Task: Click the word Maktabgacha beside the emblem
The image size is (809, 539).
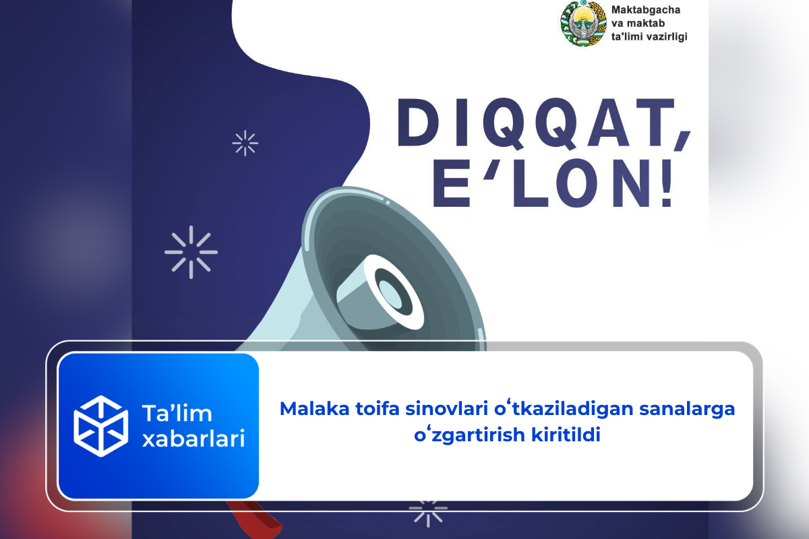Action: point(646,11)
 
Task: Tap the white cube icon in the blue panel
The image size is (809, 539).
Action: point(100,426)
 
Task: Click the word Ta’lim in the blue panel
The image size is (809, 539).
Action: point(177,413)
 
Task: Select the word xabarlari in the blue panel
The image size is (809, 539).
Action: point(193,439)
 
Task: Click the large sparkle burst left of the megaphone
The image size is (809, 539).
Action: point(191,253)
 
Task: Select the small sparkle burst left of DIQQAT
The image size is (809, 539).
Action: point(245,143)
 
